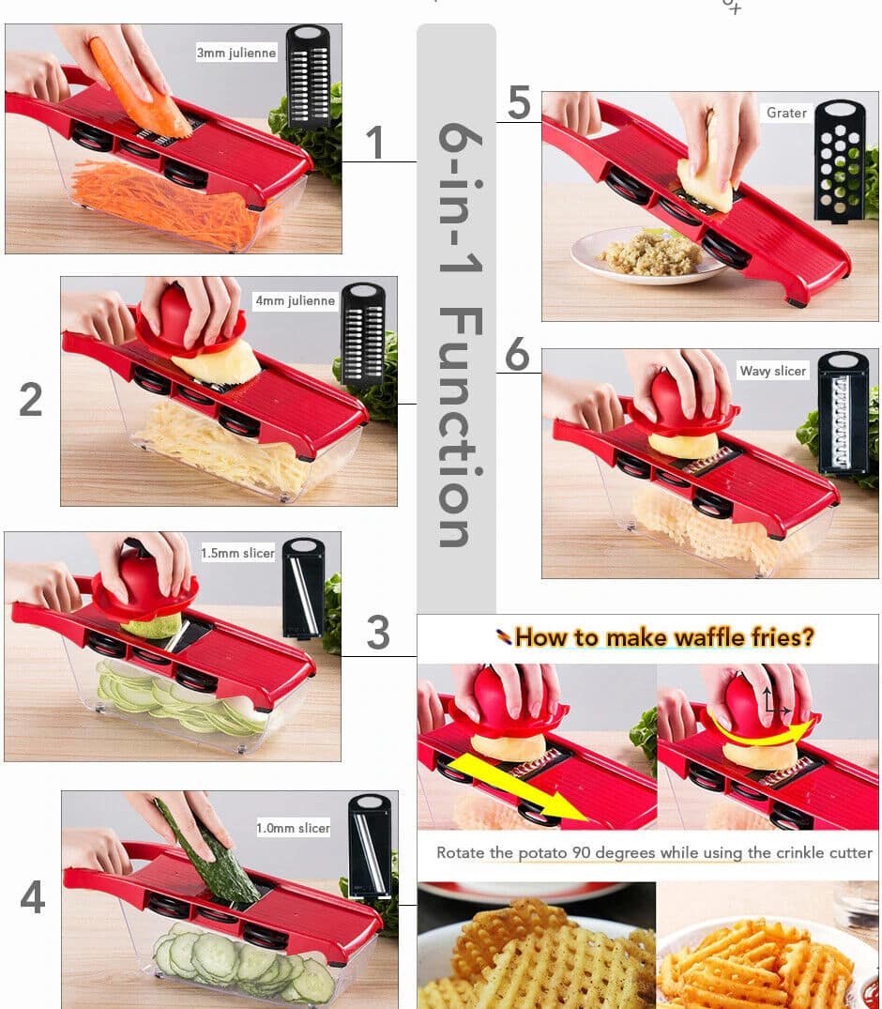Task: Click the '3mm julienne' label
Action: [x=236, y=54]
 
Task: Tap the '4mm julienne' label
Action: [x=295, y=301]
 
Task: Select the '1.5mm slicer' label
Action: [x=237, y=553]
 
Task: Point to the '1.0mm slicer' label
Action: [x=293, y=828]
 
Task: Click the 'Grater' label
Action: [x=785, y=113]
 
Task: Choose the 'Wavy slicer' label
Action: [x=772, y=371]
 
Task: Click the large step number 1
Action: [x=375, y=144]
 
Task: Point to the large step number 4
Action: [x=33, y=897]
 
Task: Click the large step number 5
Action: [x=519, y=103]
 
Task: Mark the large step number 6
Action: [x=517, y=356]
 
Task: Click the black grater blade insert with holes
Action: [x=840, y=160]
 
